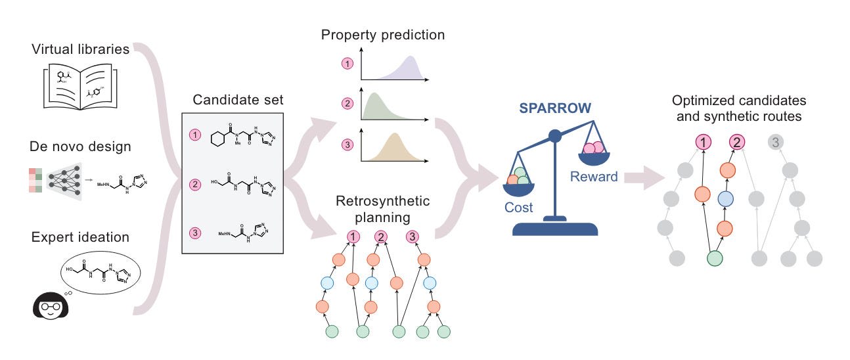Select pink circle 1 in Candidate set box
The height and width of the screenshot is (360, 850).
(x=194, y=135)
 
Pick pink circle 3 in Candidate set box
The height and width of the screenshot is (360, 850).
(x=194, y=231)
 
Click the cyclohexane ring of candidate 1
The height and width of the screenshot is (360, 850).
(x=217, y=139)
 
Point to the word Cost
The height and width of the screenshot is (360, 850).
(x=519, y=207)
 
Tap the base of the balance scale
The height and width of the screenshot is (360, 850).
(x=555, y=228)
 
